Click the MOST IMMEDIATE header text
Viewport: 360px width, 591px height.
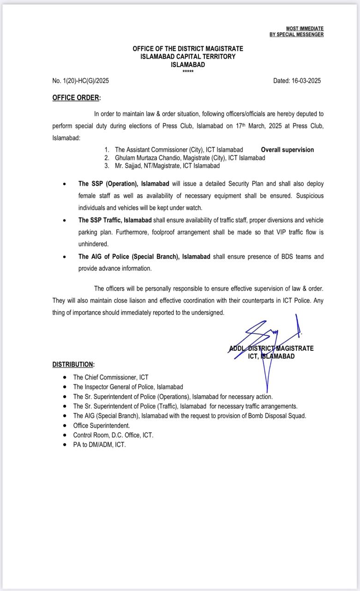coord(305,29)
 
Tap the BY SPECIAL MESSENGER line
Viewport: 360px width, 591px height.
coord(296,35)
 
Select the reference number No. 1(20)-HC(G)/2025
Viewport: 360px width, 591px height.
coord(81,81)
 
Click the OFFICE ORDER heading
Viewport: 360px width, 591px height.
coord(76,97)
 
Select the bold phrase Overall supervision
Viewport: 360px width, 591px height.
coord(287,150)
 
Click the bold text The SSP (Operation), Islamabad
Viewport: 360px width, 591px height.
coord(124,184)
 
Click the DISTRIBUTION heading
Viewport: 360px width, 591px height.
coord(73,364)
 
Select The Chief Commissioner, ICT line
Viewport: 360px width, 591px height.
coord(111,377)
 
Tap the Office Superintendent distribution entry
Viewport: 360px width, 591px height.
coord(102,425)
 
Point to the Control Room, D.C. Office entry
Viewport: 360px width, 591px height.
coord(113,435)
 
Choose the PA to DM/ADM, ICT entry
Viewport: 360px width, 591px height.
coord(99,445)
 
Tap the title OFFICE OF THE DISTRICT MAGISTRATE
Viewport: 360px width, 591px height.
coord(188,48)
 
